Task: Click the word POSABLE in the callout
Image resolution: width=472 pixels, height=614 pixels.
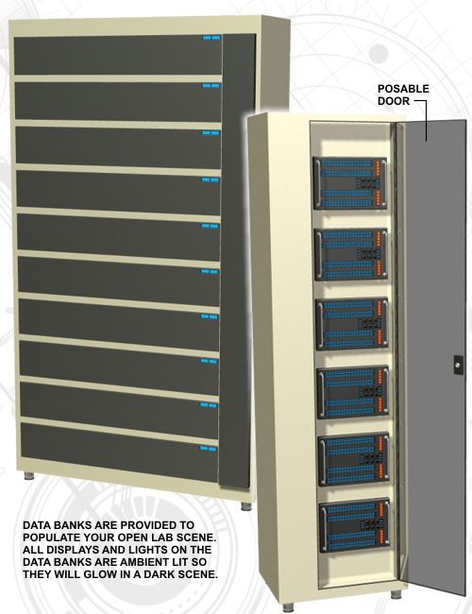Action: click(x=403, y=89)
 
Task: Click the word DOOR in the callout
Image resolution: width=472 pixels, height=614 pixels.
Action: click(x=394, y=101)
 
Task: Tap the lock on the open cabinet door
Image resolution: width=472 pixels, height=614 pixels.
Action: click(x=458, y=365)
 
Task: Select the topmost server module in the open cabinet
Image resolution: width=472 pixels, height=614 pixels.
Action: click(x=350, y=183)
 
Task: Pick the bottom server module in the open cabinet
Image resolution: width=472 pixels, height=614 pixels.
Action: click(x=355, y=525)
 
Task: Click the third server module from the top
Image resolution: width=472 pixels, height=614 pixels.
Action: click(x=352, y=324)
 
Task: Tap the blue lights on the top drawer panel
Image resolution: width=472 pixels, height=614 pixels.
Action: click(x=211, y=38)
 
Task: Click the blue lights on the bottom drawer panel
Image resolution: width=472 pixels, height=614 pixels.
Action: click(x=209, y=449)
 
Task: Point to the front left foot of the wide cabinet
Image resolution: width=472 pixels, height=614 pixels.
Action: click(x=28, y=476)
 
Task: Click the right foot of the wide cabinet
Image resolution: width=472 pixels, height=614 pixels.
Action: click(x=245, y=506)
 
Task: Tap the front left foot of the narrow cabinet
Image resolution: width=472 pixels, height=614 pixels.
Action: click(x=289, y=607)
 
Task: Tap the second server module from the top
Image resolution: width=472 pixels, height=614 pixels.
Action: click(x=351, y=254)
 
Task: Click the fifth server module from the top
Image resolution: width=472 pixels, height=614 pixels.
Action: click(x=354, y=459)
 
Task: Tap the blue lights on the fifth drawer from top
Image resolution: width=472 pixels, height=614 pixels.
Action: click(x=210, y=226)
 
